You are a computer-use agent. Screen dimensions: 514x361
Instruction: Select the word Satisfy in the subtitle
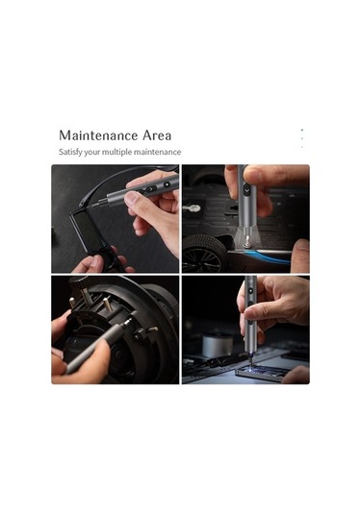pos(71,153)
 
